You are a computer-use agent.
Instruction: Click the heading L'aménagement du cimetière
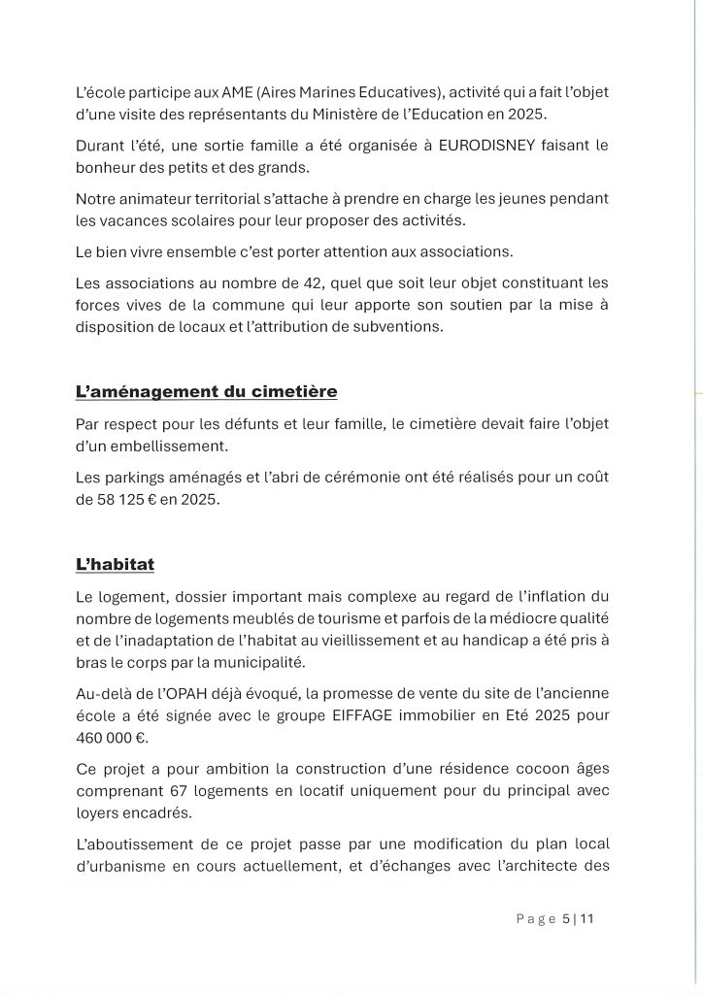tap(206, 392)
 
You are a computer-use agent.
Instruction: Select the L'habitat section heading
tap(115, 563)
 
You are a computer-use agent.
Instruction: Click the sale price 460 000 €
tap(107, 738)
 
